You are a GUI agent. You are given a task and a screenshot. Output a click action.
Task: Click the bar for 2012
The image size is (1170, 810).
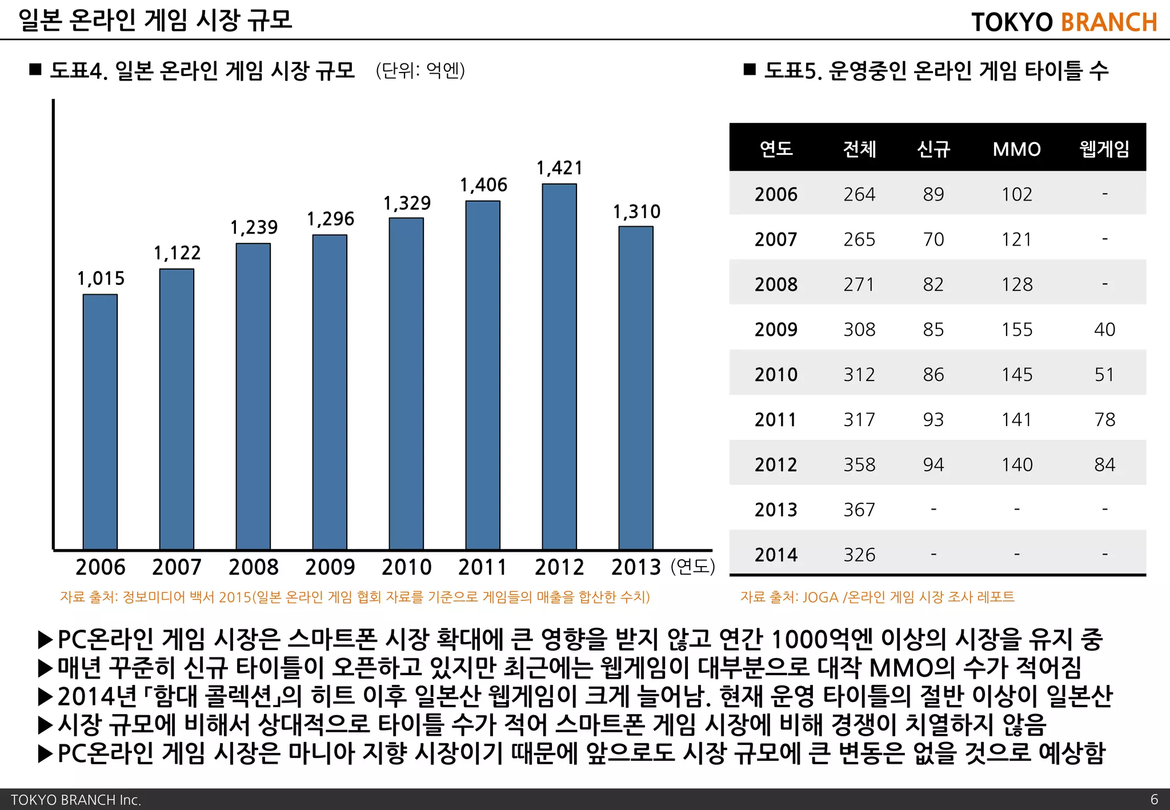tap(559, 366)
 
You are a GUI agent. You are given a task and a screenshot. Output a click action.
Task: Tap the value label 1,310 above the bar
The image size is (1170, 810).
tap(636, 212)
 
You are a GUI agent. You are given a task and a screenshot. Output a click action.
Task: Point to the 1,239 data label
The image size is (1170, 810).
tap(254, 227)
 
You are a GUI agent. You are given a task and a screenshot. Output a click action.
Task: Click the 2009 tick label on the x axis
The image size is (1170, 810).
tap(330, 567)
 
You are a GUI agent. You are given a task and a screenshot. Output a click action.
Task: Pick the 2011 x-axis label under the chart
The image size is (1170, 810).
tap(483, 567)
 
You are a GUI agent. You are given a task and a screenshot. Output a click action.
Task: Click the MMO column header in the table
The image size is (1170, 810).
tap(1016, 149)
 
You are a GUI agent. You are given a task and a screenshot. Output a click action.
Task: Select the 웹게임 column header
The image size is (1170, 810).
tap(1104, 149)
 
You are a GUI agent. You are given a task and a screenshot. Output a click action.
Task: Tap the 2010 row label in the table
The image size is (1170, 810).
tap(775, 374)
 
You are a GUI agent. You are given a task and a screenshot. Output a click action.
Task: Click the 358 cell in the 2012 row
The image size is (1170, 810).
tap(859, 464)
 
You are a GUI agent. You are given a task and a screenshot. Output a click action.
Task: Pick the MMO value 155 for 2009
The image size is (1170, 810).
tap(1016, 330)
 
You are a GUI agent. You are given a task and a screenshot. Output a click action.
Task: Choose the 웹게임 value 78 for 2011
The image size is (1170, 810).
tap(1104, 419)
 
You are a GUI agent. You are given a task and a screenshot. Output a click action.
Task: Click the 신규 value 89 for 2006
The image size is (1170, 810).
tap(933, 194)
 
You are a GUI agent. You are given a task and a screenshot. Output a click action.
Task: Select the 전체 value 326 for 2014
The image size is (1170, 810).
tap(859, 555)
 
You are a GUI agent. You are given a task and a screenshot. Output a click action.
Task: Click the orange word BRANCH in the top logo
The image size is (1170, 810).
tap(1108, 22)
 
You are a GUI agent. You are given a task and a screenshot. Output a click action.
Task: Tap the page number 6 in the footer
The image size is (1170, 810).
tap(1153, 799)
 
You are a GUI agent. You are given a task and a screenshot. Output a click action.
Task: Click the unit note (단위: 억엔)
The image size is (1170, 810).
tap(420, 71)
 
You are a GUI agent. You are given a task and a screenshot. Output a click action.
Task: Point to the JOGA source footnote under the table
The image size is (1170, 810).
tap(877, 597)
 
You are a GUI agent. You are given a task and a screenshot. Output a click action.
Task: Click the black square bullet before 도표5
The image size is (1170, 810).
tap(750, 70)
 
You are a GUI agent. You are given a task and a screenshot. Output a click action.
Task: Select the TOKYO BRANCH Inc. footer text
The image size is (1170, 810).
tap(75, 800)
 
